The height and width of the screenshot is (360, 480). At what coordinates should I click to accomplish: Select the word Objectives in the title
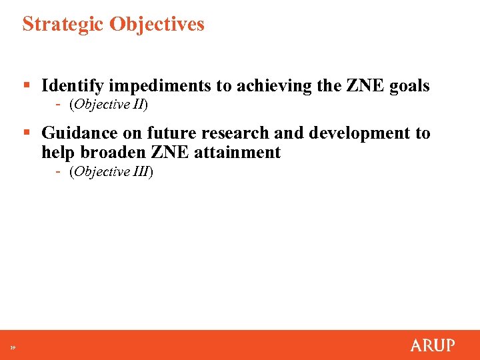pos(157,25)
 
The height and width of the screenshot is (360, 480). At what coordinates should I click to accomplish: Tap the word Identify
pos(72,86)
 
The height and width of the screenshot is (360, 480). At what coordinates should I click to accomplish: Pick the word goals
pos(408,86)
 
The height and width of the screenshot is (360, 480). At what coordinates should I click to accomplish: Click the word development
pos(355,133)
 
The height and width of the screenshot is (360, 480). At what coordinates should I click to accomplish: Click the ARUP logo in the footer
pos(433,345)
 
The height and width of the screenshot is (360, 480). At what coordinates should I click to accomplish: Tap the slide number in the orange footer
pos(12,347)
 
